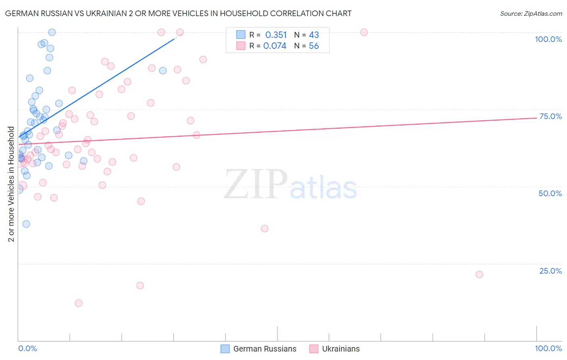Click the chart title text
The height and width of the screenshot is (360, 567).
[x=178, y=13]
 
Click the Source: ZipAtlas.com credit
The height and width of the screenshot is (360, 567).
[x=531, y=13]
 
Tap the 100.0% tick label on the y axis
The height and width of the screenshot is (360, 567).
[x=548, y=39]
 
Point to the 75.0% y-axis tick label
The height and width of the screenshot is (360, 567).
[x=550, y=116]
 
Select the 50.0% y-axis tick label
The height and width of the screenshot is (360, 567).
[x=550, y=193]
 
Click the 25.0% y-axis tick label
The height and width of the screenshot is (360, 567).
[x=550, y=271]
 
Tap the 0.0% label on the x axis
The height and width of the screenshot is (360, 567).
[x=27, y=349]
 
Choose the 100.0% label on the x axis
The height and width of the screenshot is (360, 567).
[x=548, y=349]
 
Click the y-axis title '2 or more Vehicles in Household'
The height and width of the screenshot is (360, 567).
[x=11, y=184]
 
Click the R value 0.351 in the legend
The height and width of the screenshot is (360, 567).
[x=276, y=35]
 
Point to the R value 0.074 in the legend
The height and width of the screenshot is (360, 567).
[x=275, y=46]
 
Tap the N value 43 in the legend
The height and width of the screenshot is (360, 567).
[x=314, y=35]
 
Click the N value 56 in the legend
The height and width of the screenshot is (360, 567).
[x=314, y=46]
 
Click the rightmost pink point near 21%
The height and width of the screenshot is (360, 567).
[x=479, y=274]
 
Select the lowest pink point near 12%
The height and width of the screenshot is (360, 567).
[x=79, y=303]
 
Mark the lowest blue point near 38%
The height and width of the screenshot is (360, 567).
[x=26, y=224]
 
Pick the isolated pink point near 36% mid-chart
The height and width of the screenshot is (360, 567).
[x=265, y=228]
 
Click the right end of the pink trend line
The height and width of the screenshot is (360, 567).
[x=536, y=118]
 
